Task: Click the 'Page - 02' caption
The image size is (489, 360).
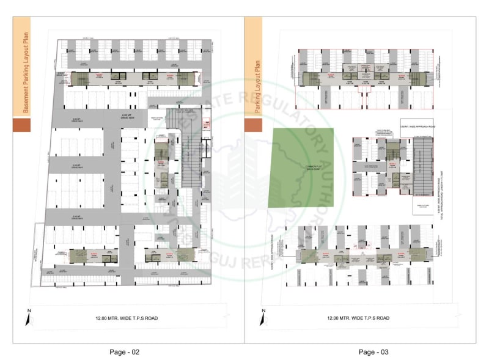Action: pyautogui.click(x=125, y=351)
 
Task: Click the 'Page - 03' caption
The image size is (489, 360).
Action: pyautogui.click(x=373, y=351)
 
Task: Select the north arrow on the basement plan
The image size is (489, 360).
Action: pyautogui.click(x=29, y=317)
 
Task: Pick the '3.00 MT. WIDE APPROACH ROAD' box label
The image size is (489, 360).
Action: pyautogui.click(x=416, y=126)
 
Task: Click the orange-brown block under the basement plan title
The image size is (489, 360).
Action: pyautogui.click(x=21, y=125)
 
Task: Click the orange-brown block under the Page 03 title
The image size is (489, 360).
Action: pyautogui.click(x=253, y=125)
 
